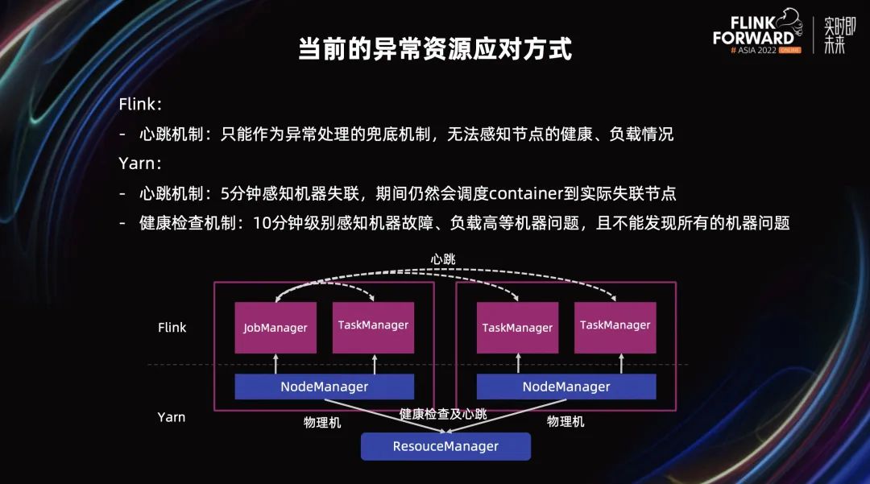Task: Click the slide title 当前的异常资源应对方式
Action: coord(435,49)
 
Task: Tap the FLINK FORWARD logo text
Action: coord(752,31)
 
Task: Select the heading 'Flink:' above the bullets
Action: coord(140,104)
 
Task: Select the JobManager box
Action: coord(275,328)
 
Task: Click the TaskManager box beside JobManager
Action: coord(373,326)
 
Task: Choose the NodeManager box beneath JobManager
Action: coord(324,387)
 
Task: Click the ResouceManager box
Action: coord(445,446)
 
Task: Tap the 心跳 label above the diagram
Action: coord(443,259)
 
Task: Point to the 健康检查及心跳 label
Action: coord(443,414)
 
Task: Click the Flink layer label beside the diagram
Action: coord(172,327)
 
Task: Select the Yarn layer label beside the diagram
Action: coord(171,417)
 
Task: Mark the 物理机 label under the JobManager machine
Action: coord(321,422)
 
